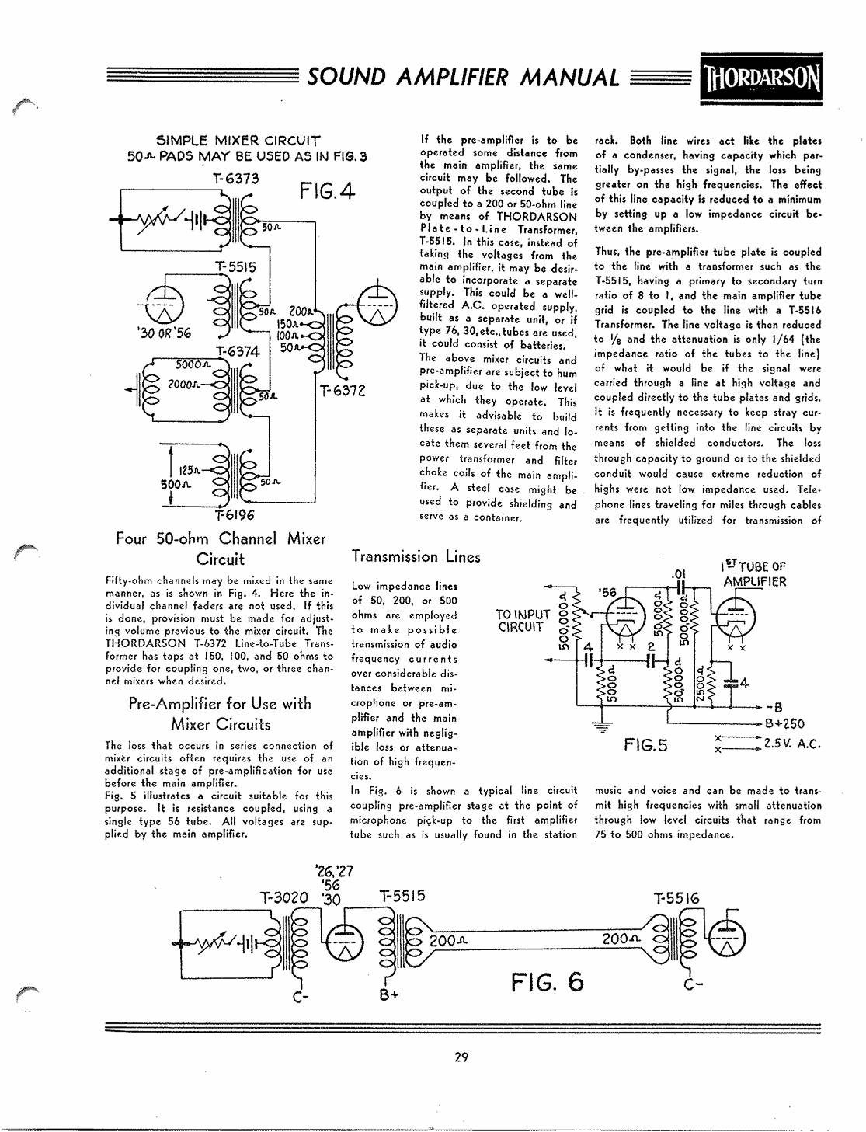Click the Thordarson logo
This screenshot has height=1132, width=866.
tap(761, 79)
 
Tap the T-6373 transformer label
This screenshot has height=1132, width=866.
tap(235, 179)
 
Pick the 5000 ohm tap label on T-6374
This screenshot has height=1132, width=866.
tap(193, 365)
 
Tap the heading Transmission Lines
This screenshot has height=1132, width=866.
tap(416, 556)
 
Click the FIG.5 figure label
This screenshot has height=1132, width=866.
tap(645, 745)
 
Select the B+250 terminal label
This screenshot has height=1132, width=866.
tap(784, 723)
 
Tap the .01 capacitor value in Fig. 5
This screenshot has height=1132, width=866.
tap(677, 574)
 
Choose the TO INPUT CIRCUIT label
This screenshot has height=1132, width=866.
tap(522, 621)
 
